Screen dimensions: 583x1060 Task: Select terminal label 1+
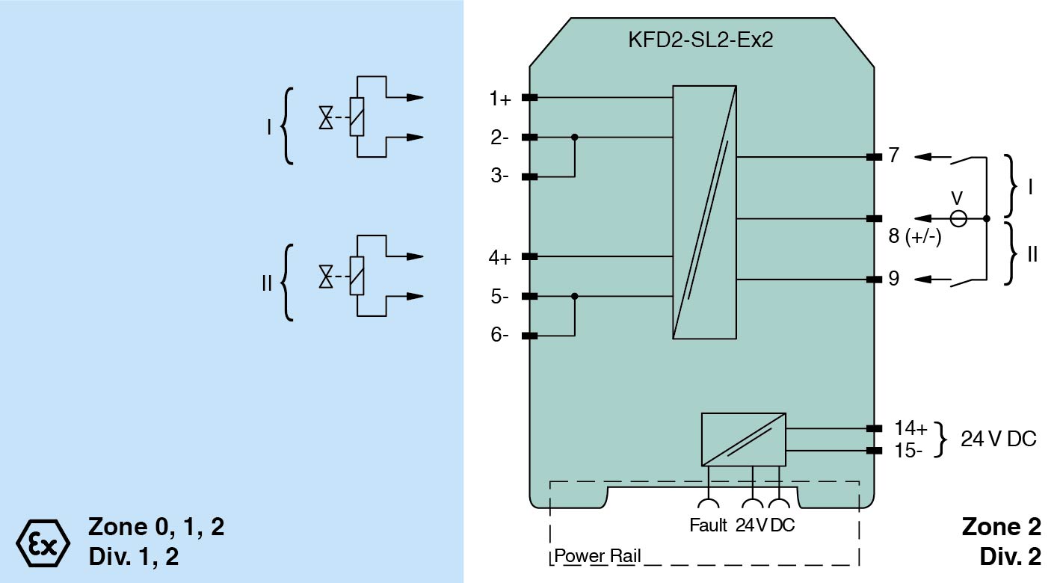pos(500,98)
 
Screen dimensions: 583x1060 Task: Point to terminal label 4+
pos(500,258)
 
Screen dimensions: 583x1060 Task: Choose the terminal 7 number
pos(894,156)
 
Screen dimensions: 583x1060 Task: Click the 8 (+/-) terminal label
pos(914,238)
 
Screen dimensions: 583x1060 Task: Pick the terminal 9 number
pos(894,279)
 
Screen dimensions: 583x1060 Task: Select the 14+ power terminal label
pos(910,428)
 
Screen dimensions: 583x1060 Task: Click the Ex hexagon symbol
pos(43,542)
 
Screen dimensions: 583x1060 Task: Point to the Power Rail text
pos(597,556)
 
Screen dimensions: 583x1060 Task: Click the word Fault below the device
pos(707,525)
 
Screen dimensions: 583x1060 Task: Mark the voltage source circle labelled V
pos(958,218)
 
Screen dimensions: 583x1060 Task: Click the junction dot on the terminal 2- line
pos(574,138)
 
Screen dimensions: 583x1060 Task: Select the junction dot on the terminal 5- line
pos(574,296)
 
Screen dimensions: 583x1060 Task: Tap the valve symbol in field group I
pos(326,117)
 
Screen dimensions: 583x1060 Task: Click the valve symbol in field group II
pos(326,277)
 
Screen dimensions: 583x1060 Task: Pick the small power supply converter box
pos(743,439)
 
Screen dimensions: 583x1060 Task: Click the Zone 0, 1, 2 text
pos(155,528)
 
